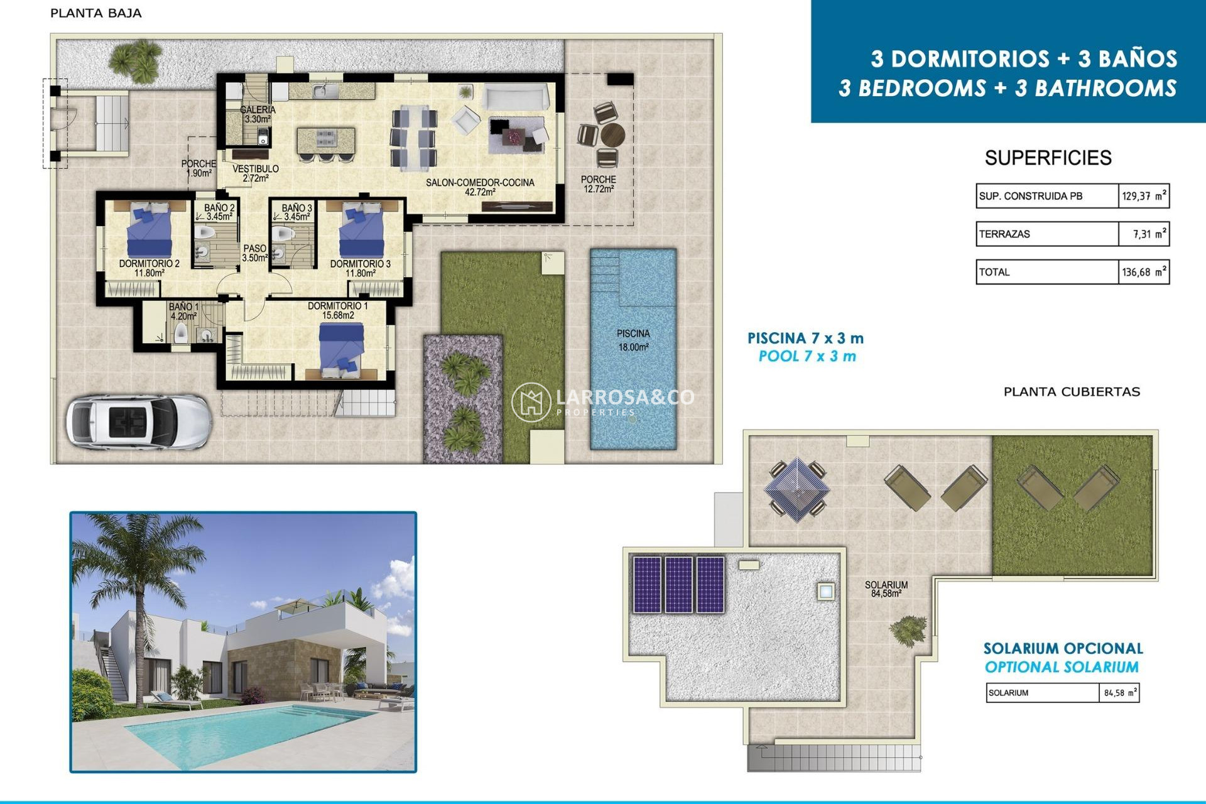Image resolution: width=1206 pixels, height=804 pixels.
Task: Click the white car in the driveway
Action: click(x=138, y=421)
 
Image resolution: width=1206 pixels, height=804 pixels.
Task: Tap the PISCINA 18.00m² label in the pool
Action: click(x=633, y=340)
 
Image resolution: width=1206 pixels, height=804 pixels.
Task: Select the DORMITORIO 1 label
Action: click(x=337, y=310)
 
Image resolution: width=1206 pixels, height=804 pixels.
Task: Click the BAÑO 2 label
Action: click(x=219, y=212)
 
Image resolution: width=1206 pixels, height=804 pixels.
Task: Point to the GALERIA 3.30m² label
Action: click(x=258, y=114)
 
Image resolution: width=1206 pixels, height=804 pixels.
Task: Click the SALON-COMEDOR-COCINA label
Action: click(x=480, y=187)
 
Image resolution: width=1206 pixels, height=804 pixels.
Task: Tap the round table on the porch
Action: click(x=612, y=134)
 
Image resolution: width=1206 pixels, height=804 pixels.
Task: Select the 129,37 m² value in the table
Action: click(x=1143, y=196)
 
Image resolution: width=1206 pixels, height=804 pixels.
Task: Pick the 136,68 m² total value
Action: click(x=1143, y=272)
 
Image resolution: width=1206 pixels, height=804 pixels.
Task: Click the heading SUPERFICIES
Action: click(x=1048, y=158)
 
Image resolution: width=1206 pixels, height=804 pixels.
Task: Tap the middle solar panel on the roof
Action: click(x=678, y=584)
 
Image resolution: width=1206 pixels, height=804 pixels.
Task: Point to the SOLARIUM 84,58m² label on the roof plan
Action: click(x=886, y=589)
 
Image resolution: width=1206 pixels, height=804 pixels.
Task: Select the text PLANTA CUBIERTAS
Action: click(x=1071, y=392)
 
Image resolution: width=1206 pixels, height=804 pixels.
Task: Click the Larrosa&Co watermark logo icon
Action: click(x=531, y=402)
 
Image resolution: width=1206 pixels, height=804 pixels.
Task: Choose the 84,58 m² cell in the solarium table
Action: click(x=1119, y=693)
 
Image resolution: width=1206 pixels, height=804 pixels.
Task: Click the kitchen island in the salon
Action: click(x=325, y=139)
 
